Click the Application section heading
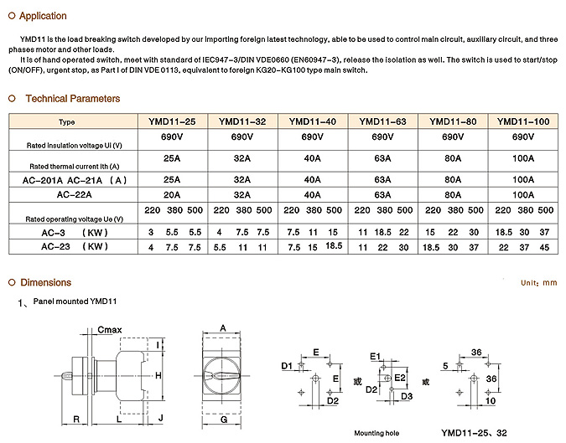coord(43,16)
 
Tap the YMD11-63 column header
coord(383,122)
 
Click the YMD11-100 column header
coord(523,122)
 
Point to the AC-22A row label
coord(74,193)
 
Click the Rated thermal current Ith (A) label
coord(74,166)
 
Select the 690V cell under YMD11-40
coord(312,137)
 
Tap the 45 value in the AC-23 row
coord(546,246)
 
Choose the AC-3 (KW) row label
coord(74,230)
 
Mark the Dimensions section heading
coord(45,282)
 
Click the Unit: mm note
coord(538,283)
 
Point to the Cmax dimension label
coord(110,330)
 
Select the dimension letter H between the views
coord(158,376)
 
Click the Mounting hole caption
coord(376,433)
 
